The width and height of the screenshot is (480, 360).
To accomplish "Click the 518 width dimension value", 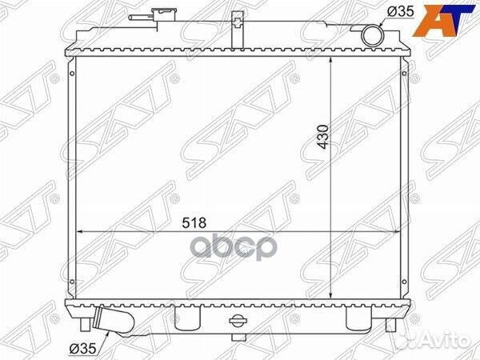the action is click(194, 223).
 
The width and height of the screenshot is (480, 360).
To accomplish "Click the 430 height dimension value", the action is click(323, 137).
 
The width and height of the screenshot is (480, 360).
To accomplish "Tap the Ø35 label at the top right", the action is click(401, 12).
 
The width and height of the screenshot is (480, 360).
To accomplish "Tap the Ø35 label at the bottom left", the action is click(82, 348).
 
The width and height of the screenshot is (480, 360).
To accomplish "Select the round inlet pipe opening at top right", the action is click(373, 35).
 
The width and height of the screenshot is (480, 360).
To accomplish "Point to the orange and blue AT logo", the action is click(446, 21).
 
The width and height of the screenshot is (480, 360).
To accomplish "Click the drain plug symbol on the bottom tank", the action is click(238, 320).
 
